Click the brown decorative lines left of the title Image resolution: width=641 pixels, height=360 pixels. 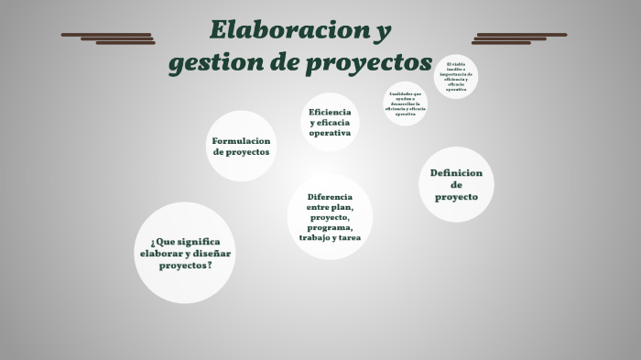click(108, 38)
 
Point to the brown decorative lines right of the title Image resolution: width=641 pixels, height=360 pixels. click(519, 38)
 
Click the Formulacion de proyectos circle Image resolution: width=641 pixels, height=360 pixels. click(242, 147)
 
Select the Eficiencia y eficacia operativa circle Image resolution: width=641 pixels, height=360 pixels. click(330, 122)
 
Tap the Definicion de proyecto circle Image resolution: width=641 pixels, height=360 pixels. click(456, 184)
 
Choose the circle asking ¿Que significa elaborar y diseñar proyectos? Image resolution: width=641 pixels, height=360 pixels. click(186, 253)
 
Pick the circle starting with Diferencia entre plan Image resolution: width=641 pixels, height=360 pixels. click(330, 217)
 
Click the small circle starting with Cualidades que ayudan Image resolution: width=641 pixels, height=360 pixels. click(405, 104)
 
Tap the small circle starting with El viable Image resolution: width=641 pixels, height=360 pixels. click(456, 77)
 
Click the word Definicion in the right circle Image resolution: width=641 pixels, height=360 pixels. click(456, 172)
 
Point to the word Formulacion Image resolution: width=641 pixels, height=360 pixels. click(242, 141)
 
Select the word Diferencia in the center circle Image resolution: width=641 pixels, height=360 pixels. click(330, 196)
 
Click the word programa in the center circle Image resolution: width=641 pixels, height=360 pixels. click(330, 227)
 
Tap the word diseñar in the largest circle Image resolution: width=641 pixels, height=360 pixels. click(212, 253)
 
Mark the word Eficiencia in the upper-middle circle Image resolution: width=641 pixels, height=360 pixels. click(330, 111)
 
